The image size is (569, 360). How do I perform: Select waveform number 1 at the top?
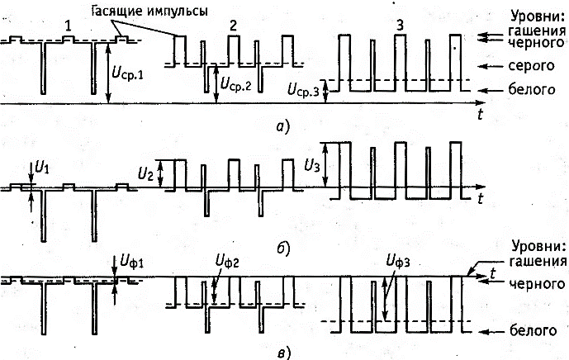point(69,26)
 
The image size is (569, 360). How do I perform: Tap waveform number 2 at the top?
point(234,26)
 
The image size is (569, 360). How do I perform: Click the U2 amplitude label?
point(145,173)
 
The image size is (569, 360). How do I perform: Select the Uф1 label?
point(133,263)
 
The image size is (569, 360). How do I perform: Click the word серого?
point(529,65)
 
